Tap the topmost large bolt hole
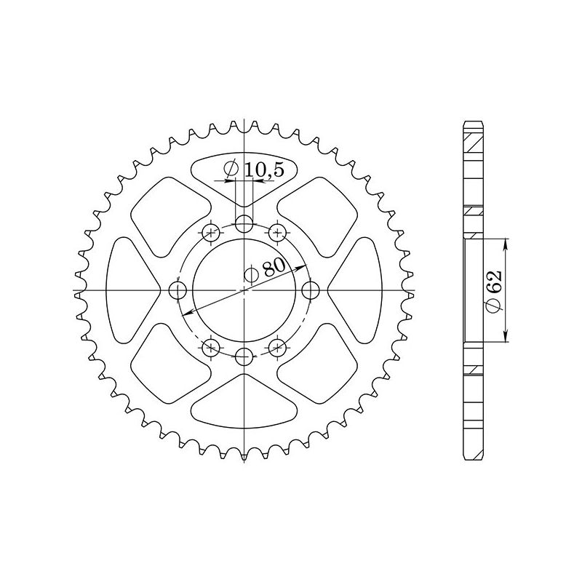coord(245,223)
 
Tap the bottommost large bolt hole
coord(245,356)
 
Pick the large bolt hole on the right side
coord(312,290)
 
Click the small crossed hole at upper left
coord(212,233)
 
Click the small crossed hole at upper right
coord(278,233)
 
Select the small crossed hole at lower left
coord(212,347)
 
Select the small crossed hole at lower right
coord(278,347)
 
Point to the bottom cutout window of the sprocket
coord(245,404)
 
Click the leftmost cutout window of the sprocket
coord(131,290)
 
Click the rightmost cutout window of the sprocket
coord(359,290)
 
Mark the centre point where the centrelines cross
coord(245,290)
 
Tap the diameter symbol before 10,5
coord(232,170)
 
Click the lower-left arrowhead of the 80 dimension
coord(186,314)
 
